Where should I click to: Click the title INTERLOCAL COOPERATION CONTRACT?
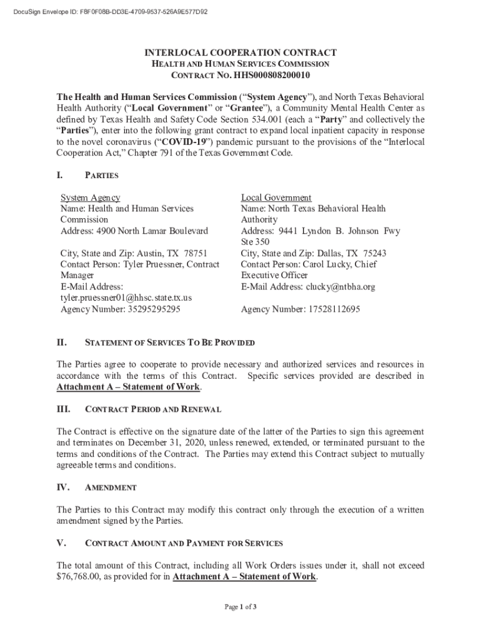(241, 53)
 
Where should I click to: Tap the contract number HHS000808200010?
(272, 76)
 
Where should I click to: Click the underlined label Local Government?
(276, 197)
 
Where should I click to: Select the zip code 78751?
(196, 253)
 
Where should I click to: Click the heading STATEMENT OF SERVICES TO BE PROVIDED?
(169, 343)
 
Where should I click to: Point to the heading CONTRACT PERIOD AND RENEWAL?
(152, 409)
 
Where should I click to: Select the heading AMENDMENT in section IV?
(111, 487)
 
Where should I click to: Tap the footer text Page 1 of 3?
(240, 606)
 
